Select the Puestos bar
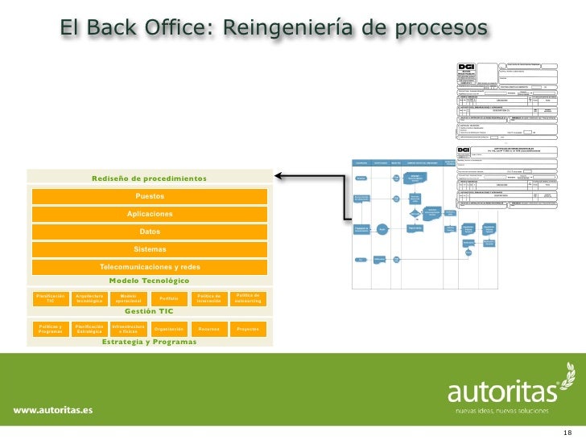coord(150,196)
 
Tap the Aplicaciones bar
coord(150,214)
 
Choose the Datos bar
coord(150,232)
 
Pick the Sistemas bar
coord(150,249)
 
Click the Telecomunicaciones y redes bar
coord(150,267)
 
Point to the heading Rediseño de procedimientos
coord(149,178)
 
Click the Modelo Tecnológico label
coord(149,281)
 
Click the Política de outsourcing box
coord(248,298)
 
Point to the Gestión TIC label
coord(149,311)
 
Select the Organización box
coord(169,329)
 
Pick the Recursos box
coord(208,329)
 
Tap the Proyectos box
coord(248,329)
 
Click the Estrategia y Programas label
coord(149,342)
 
